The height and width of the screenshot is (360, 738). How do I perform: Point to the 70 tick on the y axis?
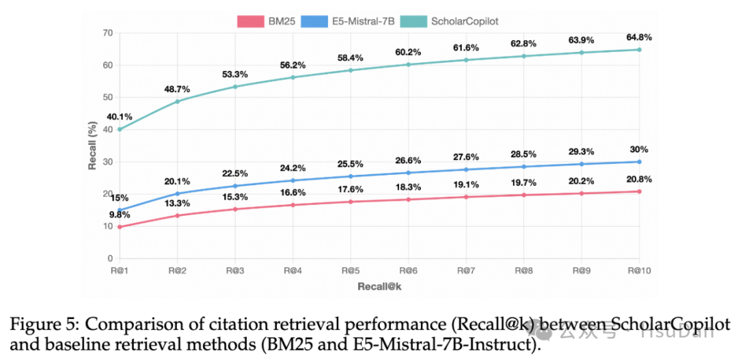point(108,33)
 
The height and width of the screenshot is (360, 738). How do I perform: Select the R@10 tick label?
point(639,271)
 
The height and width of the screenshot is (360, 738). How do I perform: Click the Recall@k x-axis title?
point(379,286)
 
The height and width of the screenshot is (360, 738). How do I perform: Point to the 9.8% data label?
point(119,214)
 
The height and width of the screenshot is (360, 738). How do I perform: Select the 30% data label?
point(639,149)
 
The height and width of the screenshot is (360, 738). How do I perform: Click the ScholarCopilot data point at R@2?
point(177,101)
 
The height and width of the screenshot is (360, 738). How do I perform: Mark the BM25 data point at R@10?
point(639,191)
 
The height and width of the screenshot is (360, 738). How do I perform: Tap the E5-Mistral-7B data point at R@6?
point(408,173)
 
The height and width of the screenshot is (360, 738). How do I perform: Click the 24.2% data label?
point(292,167)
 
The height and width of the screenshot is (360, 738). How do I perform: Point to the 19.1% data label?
point(466,184)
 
